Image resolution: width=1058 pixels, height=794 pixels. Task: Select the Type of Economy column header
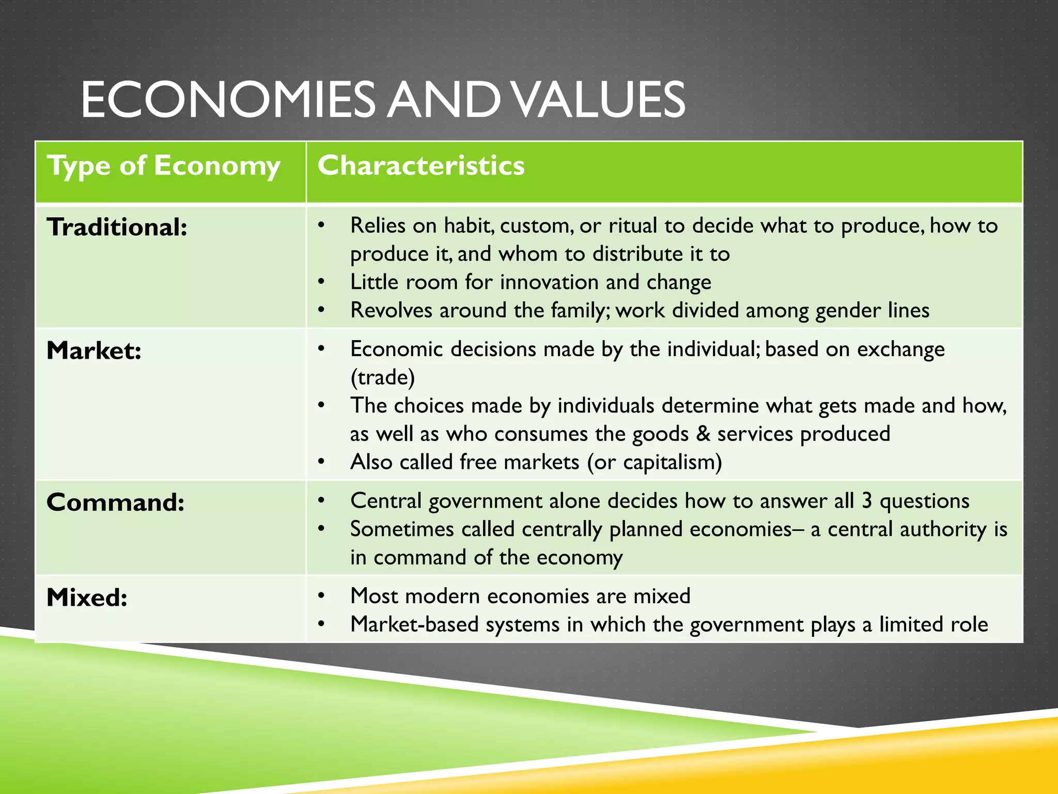coord(163,166)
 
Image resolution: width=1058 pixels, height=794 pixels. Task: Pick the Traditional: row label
coord(117,227)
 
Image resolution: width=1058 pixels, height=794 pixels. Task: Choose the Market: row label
coord(94,351)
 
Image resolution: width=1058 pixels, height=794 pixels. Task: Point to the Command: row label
coord(115,502)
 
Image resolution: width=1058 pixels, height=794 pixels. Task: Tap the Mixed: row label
coord(87,598)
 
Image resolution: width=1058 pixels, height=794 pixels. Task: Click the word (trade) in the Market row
coord(382,377)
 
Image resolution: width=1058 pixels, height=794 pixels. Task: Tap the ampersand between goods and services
coord(703,434)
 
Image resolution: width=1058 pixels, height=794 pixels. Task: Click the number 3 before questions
coord(867,501)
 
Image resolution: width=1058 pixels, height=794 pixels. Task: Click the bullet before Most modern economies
coord(321,596)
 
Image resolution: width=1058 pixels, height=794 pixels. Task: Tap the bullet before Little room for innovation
coord(321,282)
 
